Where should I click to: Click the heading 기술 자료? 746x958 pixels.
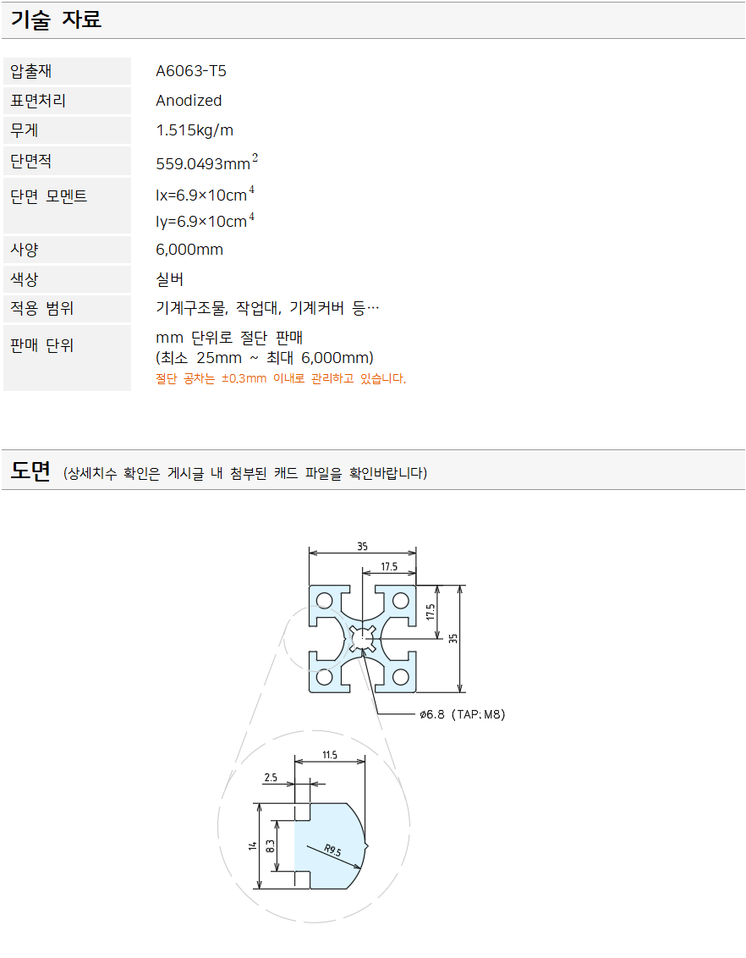coord(56,19)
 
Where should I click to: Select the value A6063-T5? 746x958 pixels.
coord(191,71)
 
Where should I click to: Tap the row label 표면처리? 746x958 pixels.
coord(38,100)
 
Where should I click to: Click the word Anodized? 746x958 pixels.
coord(189,100)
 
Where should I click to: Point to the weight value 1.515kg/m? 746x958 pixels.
coord(195,130)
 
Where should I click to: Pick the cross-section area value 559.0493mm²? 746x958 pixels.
coord(207,162)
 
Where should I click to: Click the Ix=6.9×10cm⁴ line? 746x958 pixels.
coord(206,195)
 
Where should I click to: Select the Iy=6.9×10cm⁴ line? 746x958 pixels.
coord(206,220)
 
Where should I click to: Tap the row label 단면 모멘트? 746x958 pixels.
coord(49,196)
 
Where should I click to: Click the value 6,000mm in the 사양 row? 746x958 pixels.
coord(189,250)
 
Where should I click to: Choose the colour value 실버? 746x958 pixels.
coord(170,279)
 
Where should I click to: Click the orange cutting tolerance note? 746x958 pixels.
coord(281,379)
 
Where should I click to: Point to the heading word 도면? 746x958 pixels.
coord(30,471)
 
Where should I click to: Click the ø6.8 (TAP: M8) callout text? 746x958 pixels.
coord(462,714)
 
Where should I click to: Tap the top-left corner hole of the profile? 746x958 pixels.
coord(325,601)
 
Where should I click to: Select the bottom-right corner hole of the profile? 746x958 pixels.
coord(400,677)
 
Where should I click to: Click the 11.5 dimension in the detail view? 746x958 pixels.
coord(330,755)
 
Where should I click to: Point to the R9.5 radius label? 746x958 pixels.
coord(332,850)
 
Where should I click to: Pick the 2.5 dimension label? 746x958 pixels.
coord(271,777)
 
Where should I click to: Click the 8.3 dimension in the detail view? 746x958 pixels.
coord(271,846)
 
